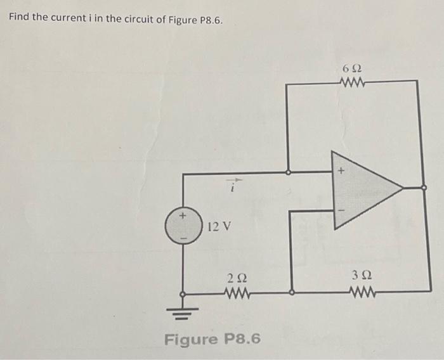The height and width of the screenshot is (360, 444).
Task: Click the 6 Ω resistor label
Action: (x=351, y=68)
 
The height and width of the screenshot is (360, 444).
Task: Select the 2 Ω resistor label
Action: (x=237, y=277)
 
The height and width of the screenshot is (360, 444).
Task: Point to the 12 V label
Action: (x=219, y=226)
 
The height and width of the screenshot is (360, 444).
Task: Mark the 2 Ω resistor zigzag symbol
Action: (x=238, y=293)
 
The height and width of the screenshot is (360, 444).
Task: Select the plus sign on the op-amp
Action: (x=340, y=170)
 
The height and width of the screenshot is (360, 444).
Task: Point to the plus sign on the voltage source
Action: (x=183, y=216)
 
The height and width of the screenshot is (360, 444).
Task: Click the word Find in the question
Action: (x=19, y=16)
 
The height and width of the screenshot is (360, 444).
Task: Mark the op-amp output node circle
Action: (x=424, y=188)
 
